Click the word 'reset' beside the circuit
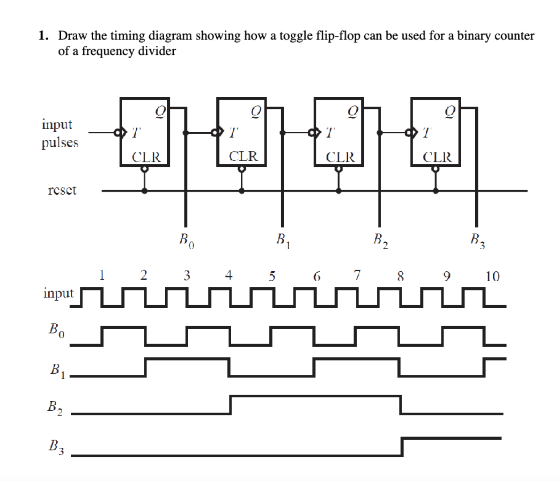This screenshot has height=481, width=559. click(x=62, y=190)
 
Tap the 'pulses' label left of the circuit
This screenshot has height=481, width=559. click(x=60, y=142)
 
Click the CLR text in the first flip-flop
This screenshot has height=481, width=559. click(x=146, y=157)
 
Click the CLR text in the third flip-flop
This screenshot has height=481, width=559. click(x=340, y=157)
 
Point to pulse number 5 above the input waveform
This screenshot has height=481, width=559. click(x=272, y=276)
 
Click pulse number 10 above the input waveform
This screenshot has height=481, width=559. click(x=492, y=276)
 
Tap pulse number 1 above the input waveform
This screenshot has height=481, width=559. click(x=102, y=275)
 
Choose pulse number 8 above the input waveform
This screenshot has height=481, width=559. click(x=400, y=276)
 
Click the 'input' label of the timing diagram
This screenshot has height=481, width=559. click(x=58, y=293)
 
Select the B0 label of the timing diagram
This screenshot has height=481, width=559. click(x=57, y=329)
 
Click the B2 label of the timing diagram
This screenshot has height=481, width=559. click(x=55, y=407)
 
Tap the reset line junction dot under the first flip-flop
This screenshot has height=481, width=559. click(x=145, y=191)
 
